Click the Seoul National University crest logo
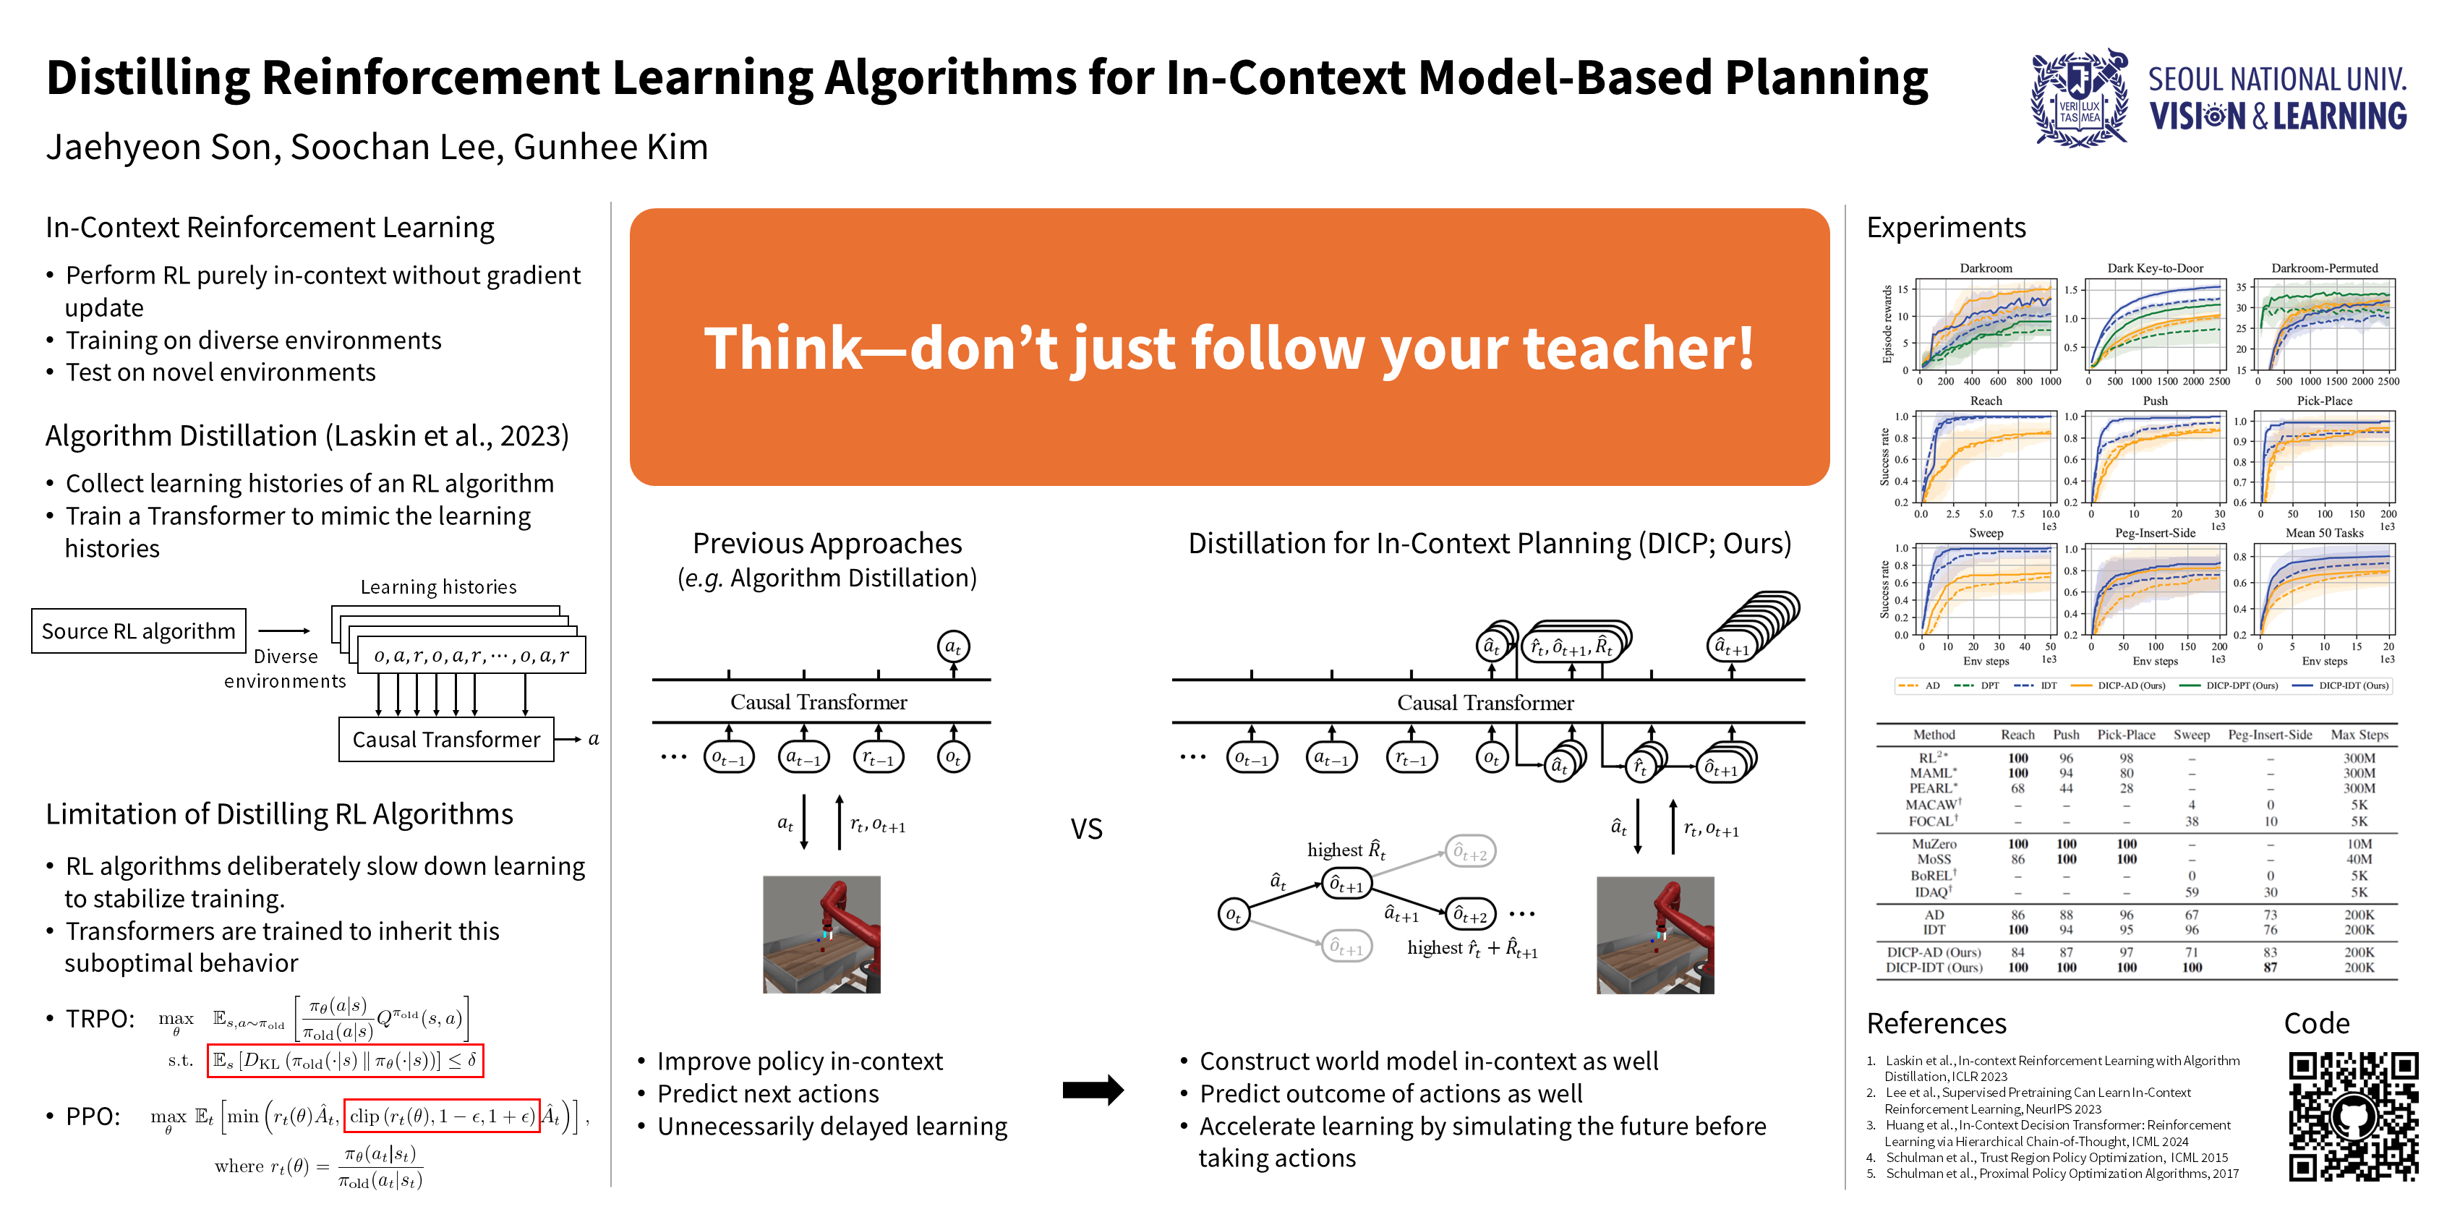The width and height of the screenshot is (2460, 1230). pos(2080,99)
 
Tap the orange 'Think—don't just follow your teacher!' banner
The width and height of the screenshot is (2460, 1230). pos(1229,346)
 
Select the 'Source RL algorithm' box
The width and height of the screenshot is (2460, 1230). pos(138,631)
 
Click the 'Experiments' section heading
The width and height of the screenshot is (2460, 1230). pos(1945,227)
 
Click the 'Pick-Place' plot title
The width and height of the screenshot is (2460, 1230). pos(2323,401)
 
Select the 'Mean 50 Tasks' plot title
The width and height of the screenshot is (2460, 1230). pos(2323,533)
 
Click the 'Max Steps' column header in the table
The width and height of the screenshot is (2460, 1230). pos(2359,735)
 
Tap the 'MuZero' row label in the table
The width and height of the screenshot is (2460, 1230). pos(1934,844)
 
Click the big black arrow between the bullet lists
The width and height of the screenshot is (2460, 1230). pos(1093,1090)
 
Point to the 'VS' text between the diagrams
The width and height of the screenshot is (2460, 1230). pos(1086,829)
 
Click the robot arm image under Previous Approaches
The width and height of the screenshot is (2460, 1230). pos(821,934)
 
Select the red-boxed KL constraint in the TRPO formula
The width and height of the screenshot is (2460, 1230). pos(345,1061)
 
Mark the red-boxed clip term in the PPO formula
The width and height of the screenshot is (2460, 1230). pos(441,1116)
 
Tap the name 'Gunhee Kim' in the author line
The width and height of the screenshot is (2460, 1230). pos(610,147)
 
